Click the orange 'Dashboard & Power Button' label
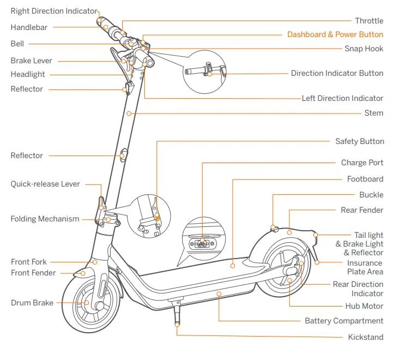click(x=335, y=34)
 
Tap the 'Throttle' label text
click(x=369, y=21)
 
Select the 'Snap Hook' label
click(x=363, y=49)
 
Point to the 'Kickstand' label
click(x=365, y=337)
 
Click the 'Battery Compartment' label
click(x=344, y=321)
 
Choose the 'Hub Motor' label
click(x=364, y=306)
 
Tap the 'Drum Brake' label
click(x=32, y=303)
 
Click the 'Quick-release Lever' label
click(x=45, y=184)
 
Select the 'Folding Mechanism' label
click(x=45, y=219)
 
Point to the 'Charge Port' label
click(x=362, y=163)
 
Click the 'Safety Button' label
click(x=359, y=141)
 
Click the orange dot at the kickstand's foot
click(x=177, y=324)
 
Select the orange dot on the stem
click(x=129, y=113)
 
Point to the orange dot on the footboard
click(x=233, y=266)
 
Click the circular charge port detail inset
click(x=202, y=241)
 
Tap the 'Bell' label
click(x=17, y=44)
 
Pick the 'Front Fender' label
click(x=33, y=273)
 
